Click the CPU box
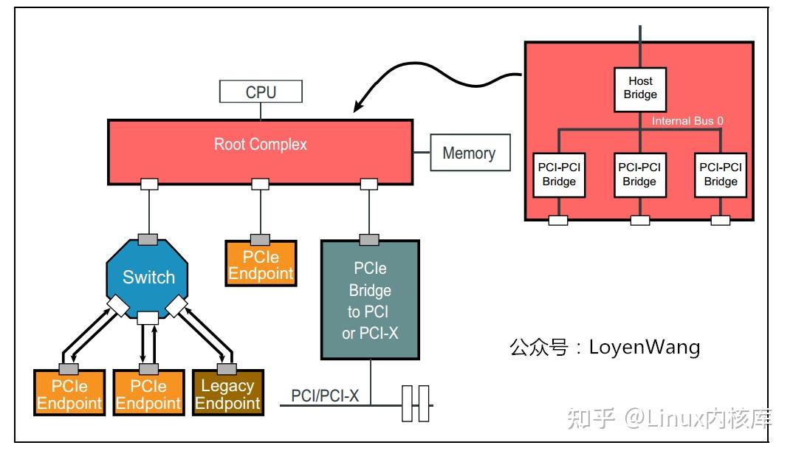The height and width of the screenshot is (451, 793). [261, 92]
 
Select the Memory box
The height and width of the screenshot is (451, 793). [469, 154]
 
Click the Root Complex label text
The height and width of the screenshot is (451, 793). [260, 144]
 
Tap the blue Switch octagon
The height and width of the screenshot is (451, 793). [148, 277]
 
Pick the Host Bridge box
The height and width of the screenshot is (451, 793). [640, 89]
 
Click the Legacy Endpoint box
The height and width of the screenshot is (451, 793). [227, 394]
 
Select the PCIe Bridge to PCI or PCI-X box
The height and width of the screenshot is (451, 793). [370, 300]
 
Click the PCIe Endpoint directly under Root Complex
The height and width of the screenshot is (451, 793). [260, 265]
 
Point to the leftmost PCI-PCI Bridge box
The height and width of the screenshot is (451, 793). [559, 175]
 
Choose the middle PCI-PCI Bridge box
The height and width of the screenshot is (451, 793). [639, 175]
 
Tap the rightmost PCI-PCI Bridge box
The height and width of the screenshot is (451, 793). [720, 175]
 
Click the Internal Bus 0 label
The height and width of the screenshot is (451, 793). [687, 121]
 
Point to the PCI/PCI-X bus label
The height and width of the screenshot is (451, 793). [325, 396]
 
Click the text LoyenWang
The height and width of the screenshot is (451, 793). [644, 347]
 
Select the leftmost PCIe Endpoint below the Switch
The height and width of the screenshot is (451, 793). [69, 394]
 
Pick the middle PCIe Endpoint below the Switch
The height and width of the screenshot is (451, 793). [148, 394]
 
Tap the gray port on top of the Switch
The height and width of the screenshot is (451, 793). [148, 239]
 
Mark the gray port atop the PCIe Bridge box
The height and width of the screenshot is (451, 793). [369, 239]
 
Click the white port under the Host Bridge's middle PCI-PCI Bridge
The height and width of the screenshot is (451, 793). [639, 220]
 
